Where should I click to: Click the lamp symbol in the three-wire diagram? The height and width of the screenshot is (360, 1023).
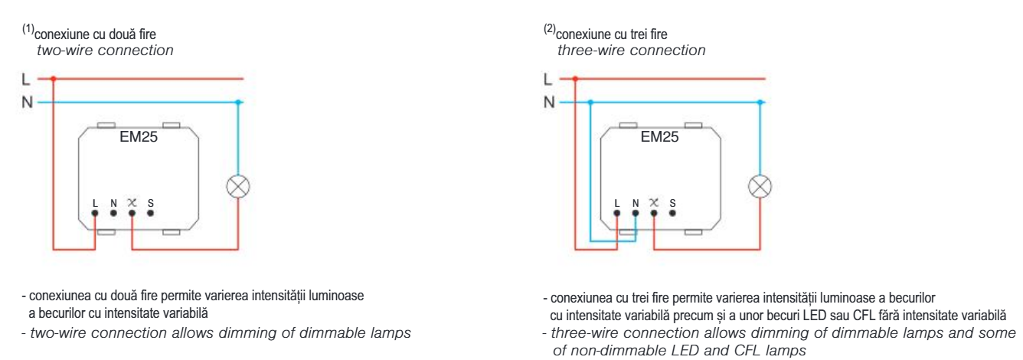759,185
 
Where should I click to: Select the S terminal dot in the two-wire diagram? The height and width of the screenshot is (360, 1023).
150,214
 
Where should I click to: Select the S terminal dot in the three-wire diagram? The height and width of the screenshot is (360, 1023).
672,214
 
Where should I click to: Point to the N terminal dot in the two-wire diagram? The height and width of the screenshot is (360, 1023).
113,214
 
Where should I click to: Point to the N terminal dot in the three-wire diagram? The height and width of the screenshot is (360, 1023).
635,214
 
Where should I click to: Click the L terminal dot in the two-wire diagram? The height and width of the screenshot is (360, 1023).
95,214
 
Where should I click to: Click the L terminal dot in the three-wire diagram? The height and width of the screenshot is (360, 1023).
616,214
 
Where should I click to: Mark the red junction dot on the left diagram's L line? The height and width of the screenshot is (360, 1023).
53,78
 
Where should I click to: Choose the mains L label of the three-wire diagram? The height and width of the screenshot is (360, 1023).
546,78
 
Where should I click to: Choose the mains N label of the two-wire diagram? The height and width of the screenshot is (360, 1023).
25,102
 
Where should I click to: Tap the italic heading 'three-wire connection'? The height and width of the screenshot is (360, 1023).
631,51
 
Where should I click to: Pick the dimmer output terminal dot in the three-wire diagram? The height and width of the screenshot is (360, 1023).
653,214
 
